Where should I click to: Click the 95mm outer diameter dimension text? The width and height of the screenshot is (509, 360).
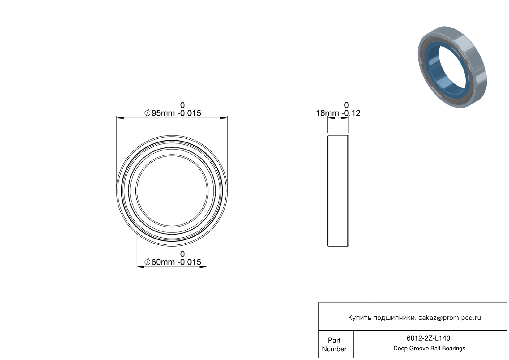(163, 113)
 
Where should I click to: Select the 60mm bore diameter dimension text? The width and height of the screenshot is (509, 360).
(163, 262)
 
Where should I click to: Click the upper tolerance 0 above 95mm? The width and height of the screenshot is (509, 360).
(182, 105)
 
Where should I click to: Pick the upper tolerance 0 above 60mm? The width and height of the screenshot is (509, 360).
(182, 254)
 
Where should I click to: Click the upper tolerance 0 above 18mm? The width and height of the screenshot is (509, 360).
(346, 105)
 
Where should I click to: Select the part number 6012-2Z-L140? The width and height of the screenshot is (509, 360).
(428, 338)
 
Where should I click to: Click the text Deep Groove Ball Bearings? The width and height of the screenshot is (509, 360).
(429, 349)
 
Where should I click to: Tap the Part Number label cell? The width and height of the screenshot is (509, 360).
(334, 345)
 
